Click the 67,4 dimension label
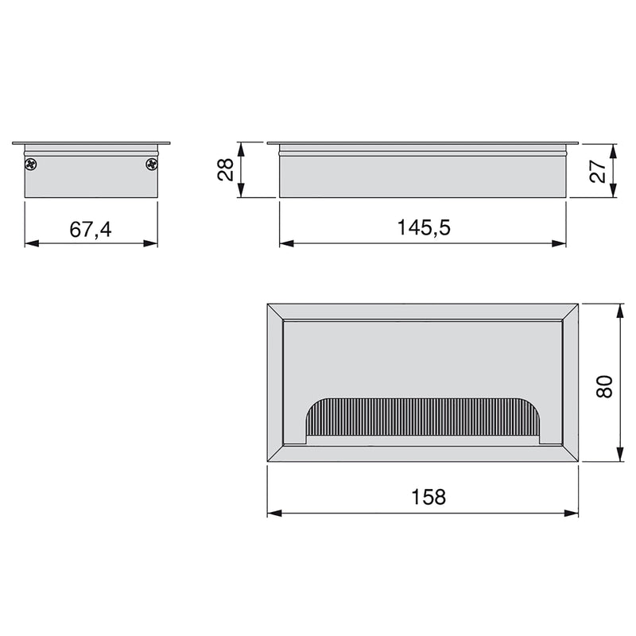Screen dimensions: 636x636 [x=90, y=230]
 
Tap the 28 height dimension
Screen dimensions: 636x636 [x=225, y=169]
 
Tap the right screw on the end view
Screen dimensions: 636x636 [x=151, y=164]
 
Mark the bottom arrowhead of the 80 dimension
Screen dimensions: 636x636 [x=619, y=458]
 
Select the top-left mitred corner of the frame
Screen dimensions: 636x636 [x=276, y=312]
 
